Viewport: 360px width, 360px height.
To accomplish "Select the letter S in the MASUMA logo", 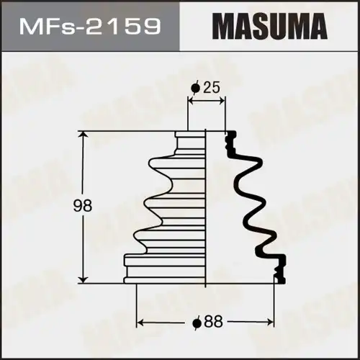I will pyautogui.click(x=256, y=27).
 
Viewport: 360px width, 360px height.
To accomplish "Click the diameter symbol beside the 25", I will pyautogui.click(x=194, y=88).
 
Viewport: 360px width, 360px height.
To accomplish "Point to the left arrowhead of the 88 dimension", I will pyautogui.click(x=141, y=322).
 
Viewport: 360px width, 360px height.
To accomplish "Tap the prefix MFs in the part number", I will pyautogui.click(x=44, y=27).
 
